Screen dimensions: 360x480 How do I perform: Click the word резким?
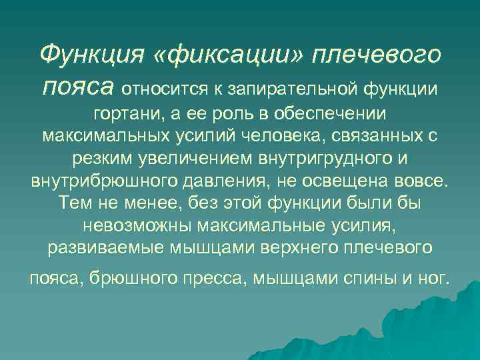click(x=102, y=160)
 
